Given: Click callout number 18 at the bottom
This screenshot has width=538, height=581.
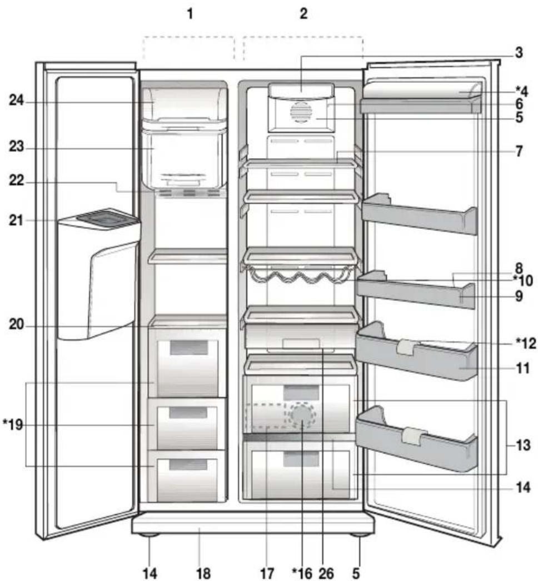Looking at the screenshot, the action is coord(203,572).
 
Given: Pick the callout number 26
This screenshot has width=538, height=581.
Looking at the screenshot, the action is coord(326,572).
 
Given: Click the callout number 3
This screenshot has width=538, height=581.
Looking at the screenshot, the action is coord(518,54).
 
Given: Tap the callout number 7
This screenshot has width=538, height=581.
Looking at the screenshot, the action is coord(518,151).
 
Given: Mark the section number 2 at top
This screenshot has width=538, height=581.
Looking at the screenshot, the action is coord(303,14).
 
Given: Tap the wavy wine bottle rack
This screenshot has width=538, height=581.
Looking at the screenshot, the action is coord(297,274).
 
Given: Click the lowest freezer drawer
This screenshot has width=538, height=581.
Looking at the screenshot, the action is coord(186,475).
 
